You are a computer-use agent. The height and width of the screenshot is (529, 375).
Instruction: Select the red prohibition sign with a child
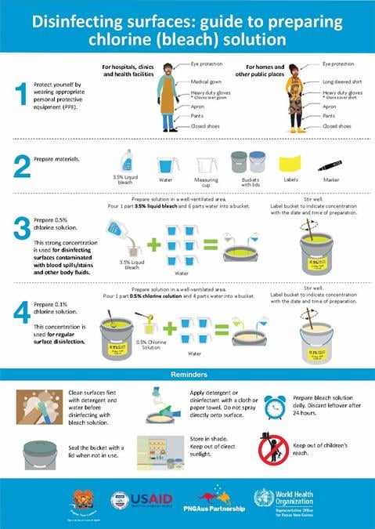pos(272,448)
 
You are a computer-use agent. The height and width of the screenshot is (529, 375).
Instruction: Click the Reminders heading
pos(187,375)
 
